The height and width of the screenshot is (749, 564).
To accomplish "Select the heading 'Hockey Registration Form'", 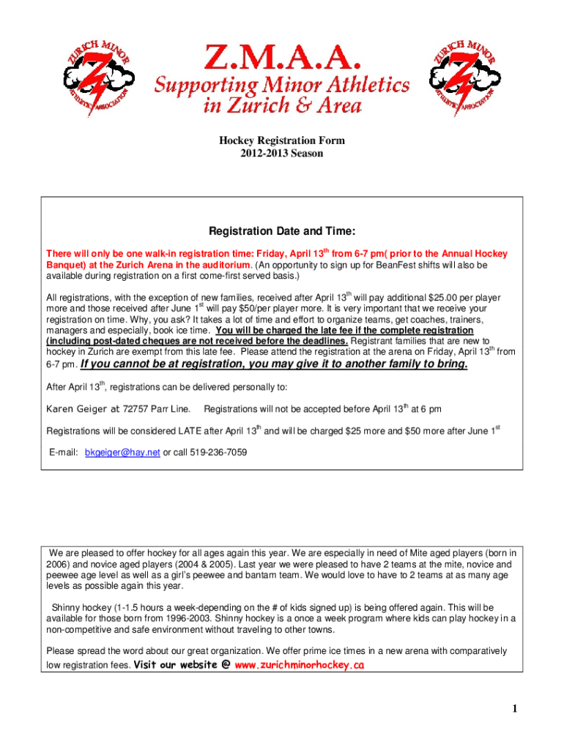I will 281,140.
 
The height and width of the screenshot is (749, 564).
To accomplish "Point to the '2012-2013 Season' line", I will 281,154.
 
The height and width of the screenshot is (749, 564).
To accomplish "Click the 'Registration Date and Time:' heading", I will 282,232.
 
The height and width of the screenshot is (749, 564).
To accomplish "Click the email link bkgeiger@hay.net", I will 122,453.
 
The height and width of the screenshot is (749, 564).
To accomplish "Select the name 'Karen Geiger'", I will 77,407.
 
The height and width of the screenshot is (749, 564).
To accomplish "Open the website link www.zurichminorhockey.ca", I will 300,665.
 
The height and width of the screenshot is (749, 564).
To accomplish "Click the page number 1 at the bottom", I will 516,709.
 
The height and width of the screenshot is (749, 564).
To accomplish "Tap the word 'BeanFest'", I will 379,265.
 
